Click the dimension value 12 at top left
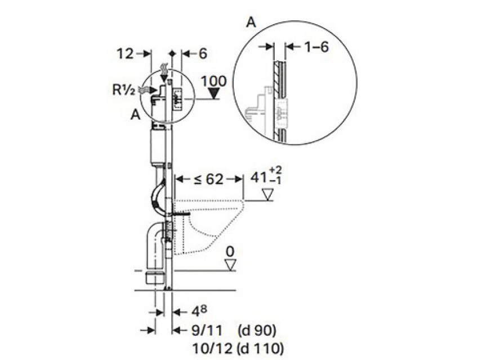click(x=125, y=54)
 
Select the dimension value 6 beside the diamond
click(x=203, y=53)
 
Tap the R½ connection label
click(x=124, y=90)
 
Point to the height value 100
click(x=214, y=82)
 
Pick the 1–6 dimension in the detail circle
click(x=316, y=47)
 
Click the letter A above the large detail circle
click(x=251, y=22)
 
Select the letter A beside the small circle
click(x=136, y=115)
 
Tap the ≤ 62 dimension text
click(x=208, y=179)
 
